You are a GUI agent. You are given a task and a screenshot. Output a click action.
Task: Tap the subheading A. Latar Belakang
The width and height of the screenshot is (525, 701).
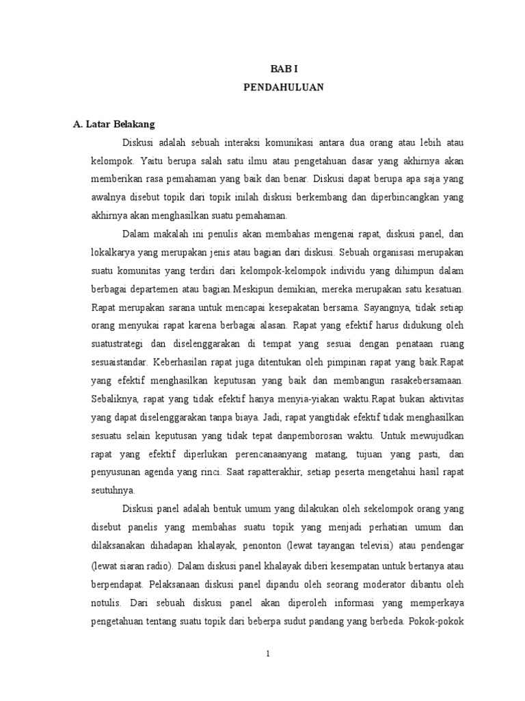(115, 125)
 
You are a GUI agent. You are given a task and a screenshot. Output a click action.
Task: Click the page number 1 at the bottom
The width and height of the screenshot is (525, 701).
(269, 654)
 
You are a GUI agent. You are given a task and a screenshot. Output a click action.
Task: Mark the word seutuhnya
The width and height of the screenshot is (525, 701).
(113, 490)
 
